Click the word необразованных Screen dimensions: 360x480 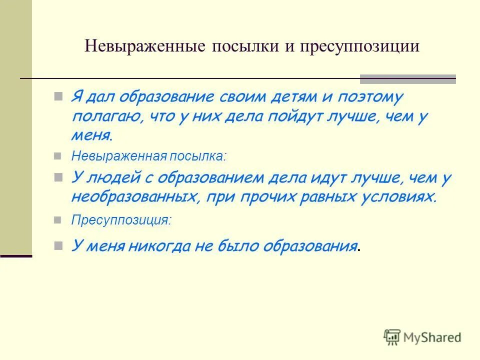(x=133, y=196)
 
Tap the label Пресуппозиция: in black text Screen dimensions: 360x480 (x=121, y=219)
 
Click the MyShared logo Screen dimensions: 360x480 (x=422, y=337)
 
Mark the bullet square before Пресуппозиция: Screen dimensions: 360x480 (x=58, y=219)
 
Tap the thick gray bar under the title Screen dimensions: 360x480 (x=408, y=78)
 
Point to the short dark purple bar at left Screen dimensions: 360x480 (x=16, y=256)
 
